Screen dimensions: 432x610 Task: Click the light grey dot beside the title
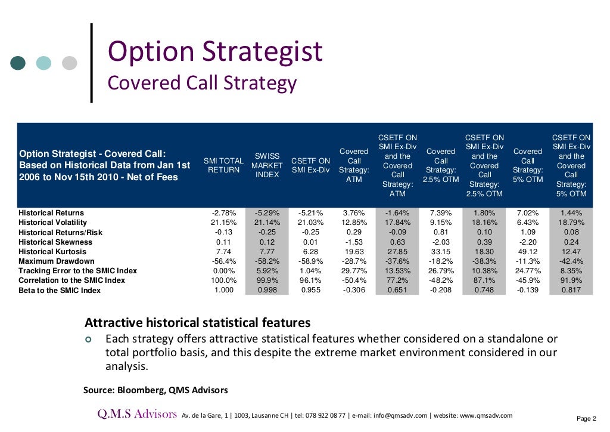pos(70,63)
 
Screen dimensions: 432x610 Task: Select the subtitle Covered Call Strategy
pos(201,82)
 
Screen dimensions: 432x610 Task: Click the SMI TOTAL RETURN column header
pos(223,165)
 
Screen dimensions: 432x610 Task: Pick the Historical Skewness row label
pos(55,242)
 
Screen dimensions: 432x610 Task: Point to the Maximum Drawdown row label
pos(57,261)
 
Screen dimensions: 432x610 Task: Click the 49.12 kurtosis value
pos(527,252)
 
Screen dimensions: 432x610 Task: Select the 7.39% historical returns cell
pos(441,213)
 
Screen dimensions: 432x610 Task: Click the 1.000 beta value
pos(223,290)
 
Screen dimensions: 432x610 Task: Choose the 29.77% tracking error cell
pos(354,271)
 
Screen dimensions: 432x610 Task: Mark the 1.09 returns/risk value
pos(527,233)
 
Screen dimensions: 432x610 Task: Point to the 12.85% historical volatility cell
pos(354,223)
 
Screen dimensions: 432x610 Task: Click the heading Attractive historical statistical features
pos(198,323)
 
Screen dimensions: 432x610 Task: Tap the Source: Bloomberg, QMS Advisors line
pos(155,390)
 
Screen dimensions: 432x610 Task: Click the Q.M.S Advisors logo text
pos(138,414)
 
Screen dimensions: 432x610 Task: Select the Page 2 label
pos(589,418)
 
